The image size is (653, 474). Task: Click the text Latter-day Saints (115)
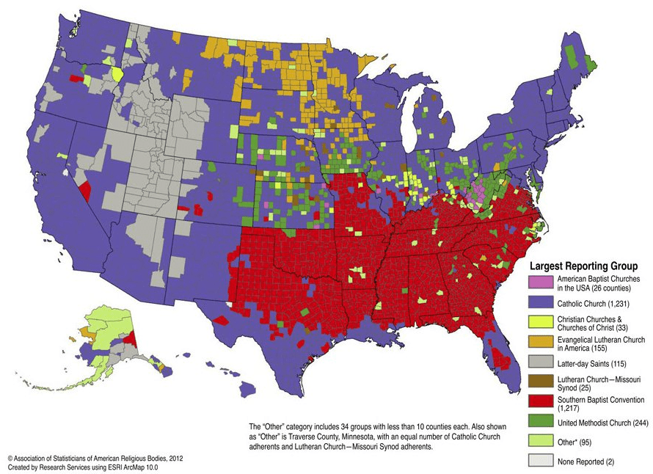tap(591, 364)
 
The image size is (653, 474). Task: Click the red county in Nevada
tap(84, 191)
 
